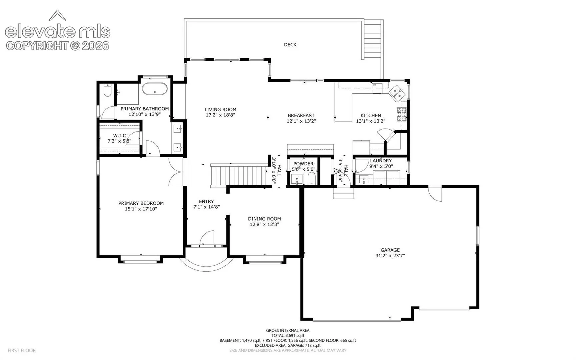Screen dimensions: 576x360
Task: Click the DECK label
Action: coord(290,45)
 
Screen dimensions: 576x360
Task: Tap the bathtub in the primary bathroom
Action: coord(154,89)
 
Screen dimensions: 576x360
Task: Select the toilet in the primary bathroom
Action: coord(107,90)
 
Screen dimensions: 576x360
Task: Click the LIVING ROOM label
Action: coord(220,109)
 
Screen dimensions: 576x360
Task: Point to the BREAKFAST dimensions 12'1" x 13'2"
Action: coord(301,121)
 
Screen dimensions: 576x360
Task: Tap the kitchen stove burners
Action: coord(401,114)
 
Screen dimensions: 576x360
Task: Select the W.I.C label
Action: coord(119,136)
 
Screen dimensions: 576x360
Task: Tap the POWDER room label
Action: coord(303,164)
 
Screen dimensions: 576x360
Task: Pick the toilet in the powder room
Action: coord(311,178)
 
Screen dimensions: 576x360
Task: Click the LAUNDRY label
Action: coord(381,161)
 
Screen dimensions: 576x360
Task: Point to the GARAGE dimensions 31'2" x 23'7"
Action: coord(390,256)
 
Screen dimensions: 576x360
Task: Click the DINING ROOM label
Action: coord(264,219)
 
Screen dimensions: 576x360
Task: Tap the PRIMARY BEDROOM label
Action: coord(141,203)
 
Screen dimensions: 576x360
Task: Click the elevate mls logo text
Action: coord(57,32)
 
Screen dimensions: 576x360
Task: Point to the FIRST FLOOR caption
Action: coord(22,350)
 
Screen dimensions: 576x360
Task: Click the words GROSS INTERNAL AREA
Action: coord(288,330)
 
